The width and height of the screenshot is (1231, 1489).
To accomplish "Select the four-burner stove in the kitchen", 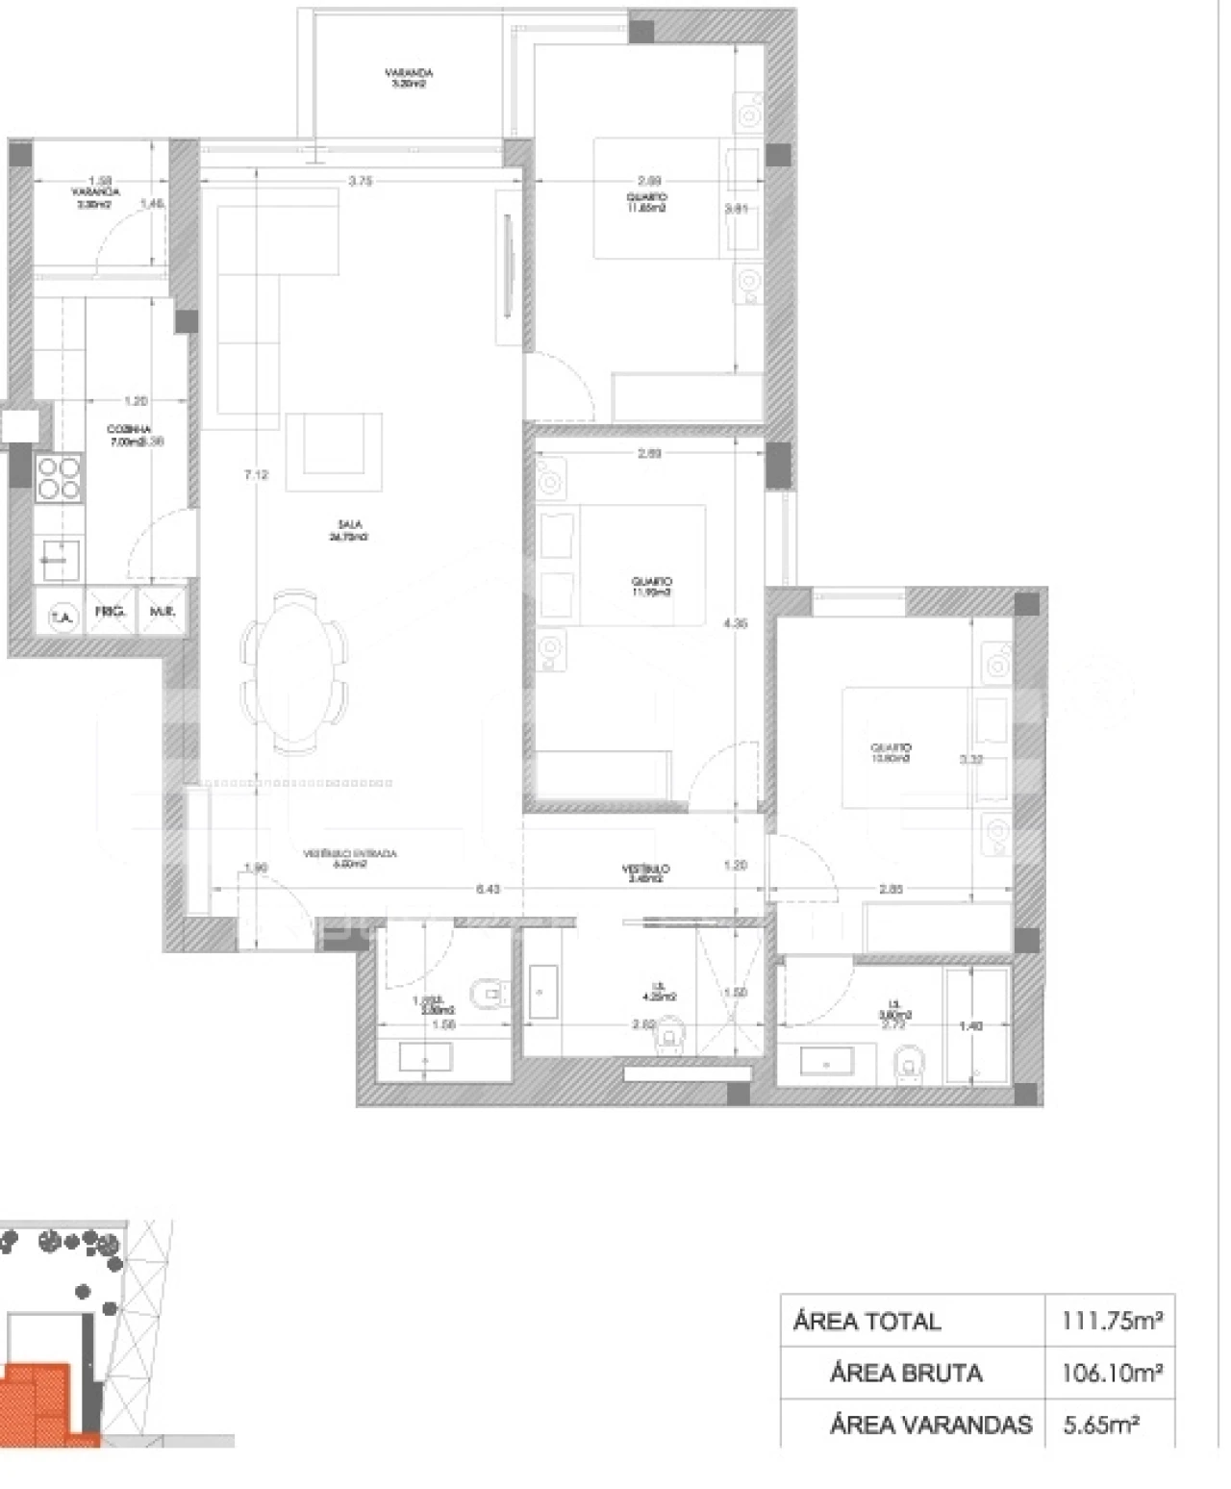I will (x=58, y=478).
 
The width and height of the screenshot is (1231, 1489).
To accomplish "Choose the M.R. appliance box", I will (x=161, y=612).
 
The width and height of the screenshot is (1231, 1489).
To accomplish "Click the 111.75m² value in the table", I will (x=1111, y=1321).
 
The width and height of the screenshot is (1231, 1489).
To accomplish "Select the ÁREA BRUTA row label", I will (x=905, y=1373).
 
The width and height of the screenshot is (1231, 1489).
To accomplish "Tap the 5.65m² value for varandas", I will (x=1101, y=1424).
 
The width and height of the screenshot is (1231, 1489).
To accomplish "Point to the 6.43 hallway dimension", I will (x=488, y=889).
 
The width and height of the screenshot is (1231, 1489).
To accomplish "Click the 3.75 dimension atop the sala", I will (x=361, y=180).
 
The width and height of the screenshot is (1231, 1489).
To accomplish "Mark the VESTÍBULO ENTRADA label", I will (x=350, y=858).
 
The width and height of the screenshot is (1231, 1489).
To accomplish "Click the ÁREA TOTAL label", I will (x=867, y=1321).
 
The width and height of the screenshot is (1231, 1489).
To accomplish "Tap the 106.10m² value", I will (x=1111, y=1373).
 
